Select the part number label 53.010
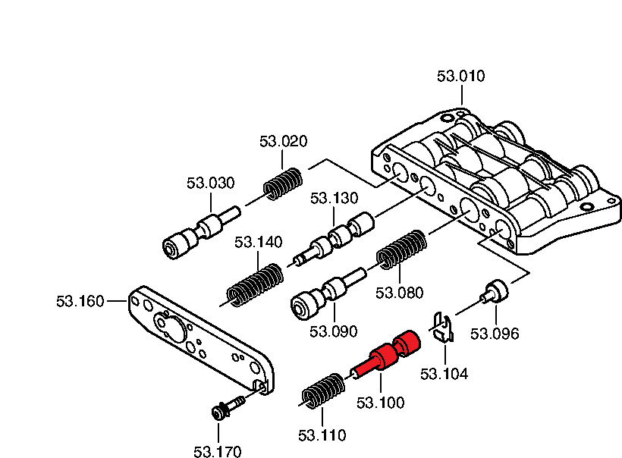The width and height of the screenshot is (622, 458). pyautogui.click(x=460, y=76)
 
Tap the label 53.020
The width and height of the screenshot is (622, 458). pyautogui.click(x=283, y=141)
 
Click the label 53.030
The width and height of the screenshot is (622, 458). pyautogui.click(x=210, y=183)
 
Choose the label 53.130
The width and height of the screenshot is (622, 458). pyautogui.click(x=334, y=199)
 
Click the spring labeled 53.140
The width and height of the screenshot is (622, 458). pyautogui.click(x=256, y=284)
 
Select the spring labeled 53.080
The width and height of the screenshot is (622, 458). pyautogui.click(x=402, y=249)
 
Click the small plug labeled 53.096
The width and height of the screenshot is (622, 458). pyautogui.click(x=498, y=291)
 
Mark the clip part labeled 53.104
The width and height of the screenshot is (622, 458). pyautogui.click(x=443, y=327)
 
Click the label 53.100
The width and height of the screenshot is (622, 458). pyautogui.click(x=381, y=403)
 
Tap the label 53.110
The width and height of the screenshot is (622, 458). pyautogui.click(x=322, y=436)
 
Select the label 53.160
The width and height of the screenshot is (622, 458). pyautogui.click(x=80, y=301)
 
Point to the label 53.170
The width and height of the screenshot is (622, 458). pyautogui.click(x=217, y=452)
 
